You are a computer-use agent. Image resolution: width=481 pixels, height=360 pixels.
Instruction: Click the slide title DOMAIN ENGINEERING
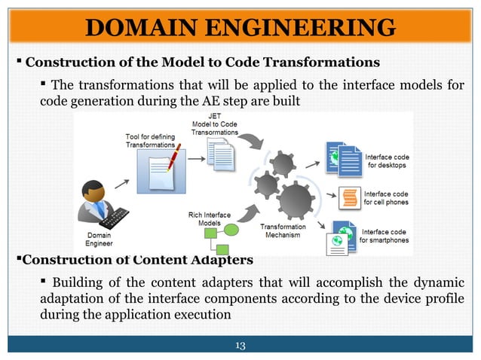(x=240, y=29)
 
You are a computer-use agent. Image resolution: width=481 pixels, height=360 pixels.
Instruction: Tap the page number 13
(x=240, y=346)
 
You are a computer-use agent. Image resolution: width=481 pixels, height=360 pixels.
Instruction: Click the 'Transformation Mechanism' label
(x=283, y=230)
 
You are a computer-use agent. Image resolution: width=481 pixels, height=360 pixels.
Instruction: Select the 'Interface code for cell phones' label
(x=386, y=198)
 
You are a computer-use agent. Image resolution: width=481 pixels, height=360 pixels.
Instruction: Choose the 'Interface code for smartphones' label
(x=384, y=236)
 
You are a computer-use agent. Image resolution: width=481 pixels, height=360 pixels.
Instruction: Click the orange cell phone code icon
(x=348, y=197)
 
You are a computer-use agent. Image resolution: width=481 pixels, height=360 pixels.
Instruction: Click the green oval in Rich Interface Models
(x=230, y=230)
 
